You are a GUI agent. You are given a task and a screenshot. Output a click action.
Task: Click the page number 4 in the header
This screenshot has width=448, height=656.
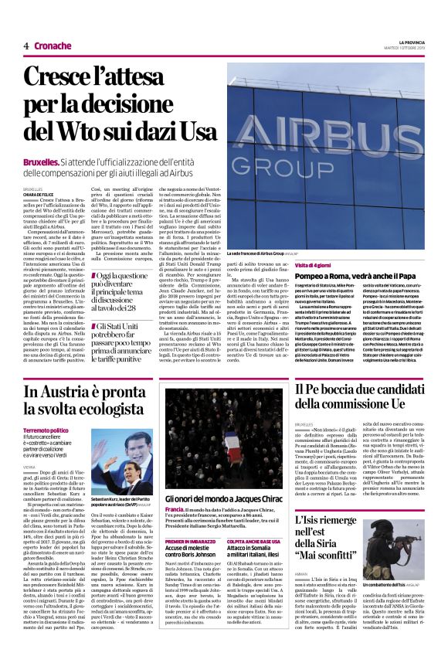25,46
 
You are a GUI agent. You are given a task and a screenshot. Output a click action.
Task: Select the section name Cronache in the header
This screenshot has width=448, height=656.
53,46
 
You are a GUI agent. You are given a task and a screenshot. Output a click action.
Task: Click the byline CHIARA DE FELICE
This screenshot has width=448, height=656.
39,193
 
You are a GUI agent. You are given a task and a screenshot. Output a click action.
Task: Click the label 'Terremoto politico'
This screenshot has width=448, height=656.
46,430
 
